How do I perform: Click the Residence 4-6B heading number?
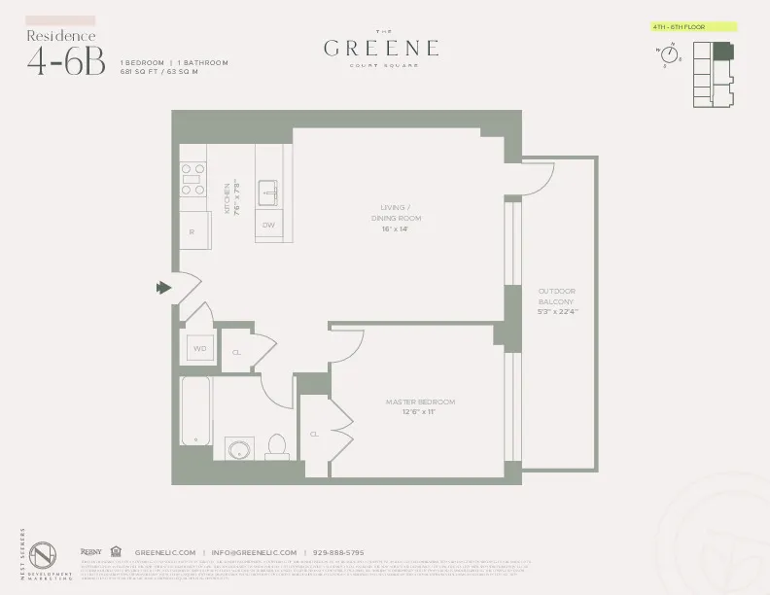tap(66, 60)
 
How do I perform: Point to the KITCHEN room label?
tap(227, 200)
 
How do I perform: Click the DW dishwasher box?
tap(268, 227)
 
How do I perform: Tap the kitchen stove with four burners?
tap(193, 180)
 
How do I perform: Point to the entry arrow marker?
tap(161, 287)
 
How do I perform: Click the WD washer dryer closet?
tap(200, 348)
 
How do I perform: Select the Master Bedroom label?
tap(421, 406)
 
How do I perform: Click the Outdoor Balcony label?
tap(557, 300)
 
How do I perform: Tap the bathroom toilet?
tap(275, 446)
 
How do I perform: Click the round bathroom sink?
tap(239, 449)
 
